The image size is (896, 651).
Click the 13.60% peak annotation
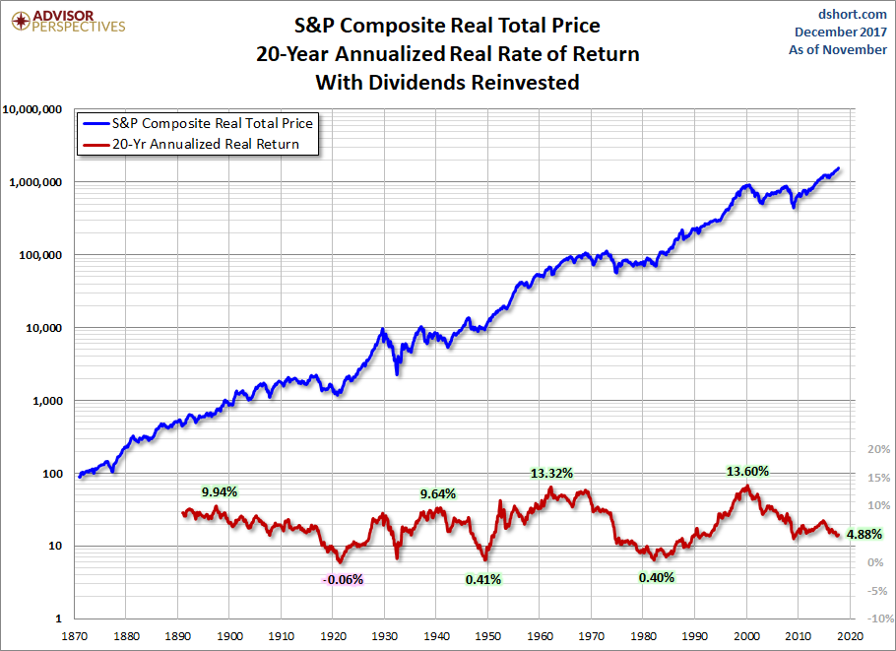747,471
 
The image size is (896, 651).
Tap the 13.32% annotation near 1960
553,472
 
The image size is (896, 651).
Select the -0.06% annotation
343,579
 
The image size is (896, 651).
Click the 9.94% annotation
220,490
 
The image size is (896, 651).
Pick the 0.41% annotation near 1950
482,579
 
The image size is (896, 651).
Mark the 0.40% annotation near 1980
657,577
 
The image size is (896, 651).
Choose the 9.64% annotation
438,493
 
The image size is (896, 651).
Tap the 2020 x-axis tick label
851,637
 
